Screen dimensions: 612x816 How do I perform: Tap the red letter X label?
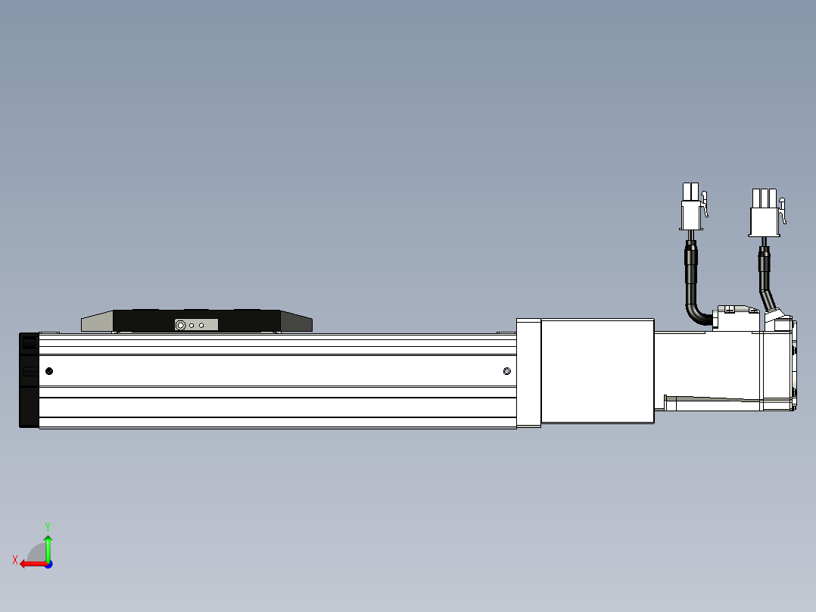click(x=15, y=560)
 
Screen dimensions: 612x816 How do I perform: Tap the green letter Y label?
click(x=48, y=525)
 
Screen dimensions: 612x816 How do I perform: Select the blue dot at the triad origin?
click(x=48, y=564)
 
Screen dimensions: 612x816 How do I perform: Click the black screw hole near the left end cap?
click(x=49, y=370)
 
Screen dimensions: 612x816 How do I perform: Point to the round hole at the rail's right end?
click(x=507, y=370)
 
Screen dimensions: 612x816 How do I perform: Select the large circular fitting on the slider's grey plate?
click(x=180, y=325)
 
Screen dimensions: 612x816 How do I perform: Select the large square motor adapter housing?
click(x=597, y=371)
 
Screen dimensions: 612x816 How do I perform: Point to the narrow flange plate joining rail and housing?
click(x=528, y=373)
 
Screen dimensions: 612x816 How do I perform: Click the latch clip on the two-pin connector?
click(x=705, y=204)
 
